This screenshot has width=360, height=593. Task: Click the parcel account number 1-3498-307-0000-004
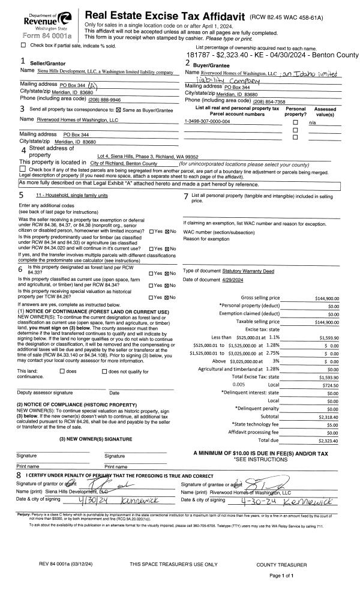pyautogui.click(x=207, y=122)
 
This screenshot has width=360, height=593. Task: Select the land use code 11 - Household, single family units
pyautogui.click(x=71, y=196)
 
